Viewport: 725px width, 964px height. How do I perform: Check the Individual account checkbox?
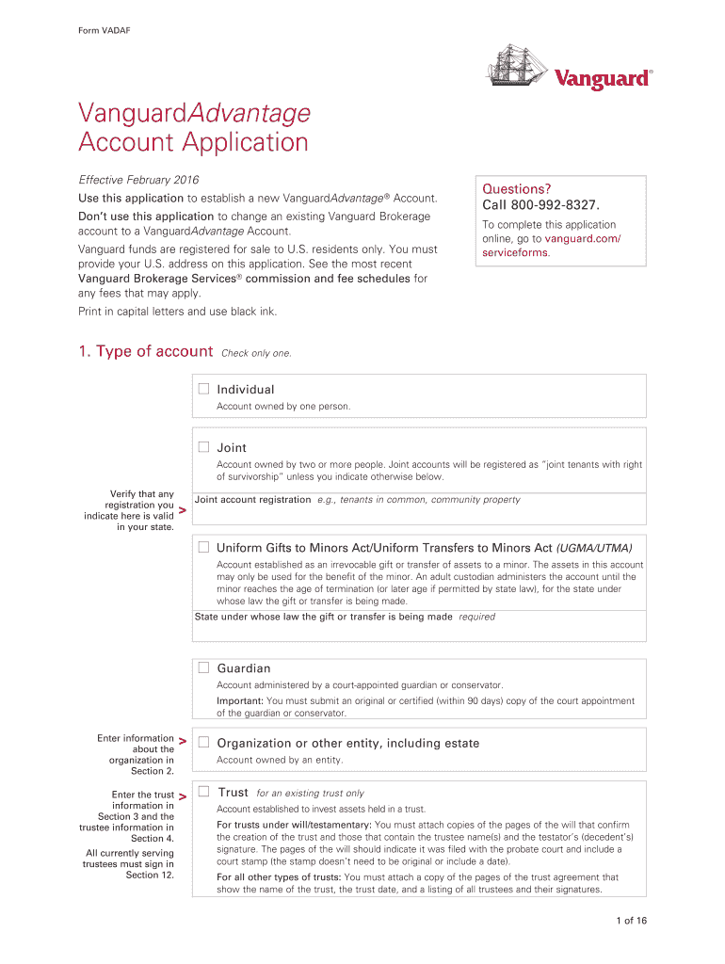pos(203,389)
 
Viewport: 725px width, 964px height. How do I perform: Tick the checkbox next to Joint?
pos(203,447)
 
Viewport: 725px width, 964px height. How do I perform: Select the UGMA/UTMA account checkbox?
pos(203,547)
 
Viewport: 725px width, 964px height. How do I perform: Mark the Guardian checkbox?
pos(203,667)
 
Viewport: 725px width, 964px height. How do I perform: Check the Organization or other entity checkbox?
pos(203,743)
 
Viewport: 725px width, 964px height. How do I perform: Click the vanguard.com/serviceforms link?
pos(551,246)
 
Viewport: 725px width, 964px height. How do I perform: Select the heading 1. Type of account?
pos(145,351)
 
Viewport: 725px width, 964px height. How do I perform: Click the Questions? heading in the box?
pos(517,188)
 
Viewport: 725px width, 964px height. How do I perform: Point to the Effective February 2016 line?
pos(138,180)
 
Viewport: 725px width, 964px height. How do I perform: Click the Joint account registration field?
pos(419,514)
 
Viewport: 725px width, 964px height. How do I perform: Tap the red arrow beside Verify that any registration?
pos(182,510)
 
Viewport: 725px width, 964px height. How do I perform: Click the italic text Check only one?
pos(256,353)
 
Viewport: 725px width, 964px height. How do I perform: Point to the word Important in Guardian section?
pos(240,700)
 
